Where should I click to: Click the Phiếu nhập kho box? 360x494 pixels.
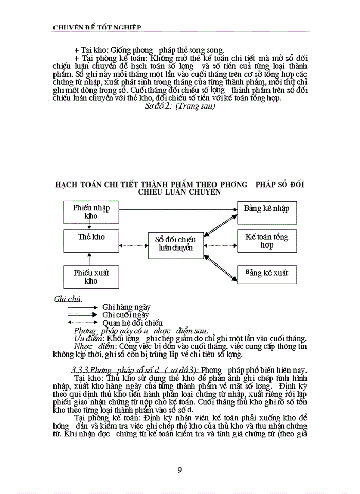(91, 211)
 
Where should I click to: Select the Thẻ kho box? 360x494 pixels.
(91, 237)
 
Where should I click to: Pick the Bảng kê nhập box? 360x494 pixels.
(267, 209)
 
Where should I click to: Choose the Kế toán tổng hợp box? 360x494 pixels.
(267, 241)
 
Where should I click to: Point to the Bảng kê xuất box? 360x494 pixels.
(267, 272)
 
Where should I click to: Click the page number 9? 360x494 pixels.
(179, 469)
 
